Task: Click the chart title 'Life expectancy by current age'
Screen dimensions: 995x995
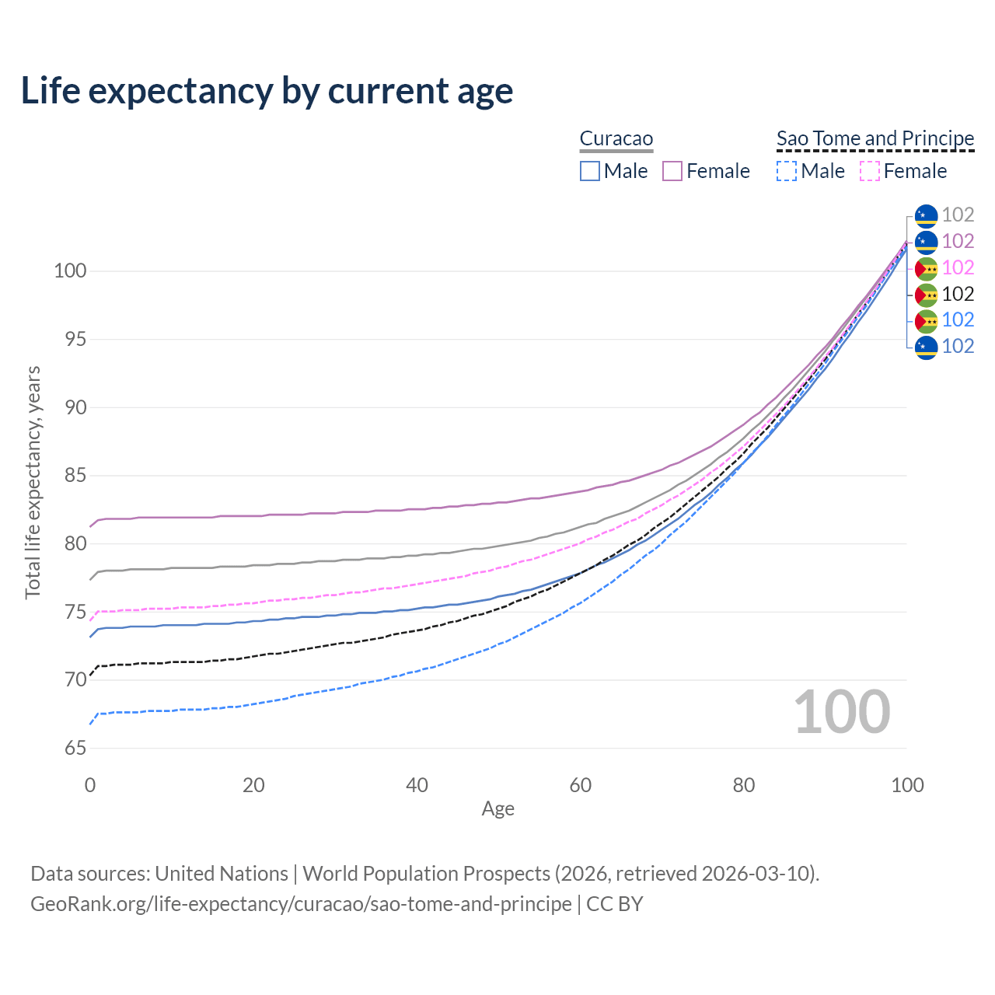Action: (267, 90)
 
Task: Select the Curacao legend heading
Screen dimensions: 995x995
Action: (616, 138)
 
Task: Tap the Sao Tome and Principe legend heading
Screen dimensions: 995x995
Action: (875, 138)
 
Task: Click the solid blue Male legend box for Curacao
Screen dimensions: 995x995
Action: (590, 171)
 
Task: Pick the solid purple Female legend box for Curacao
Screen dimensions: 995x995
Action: (672, 171)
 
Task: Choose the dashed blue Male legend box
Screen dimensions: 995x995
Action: (787, 171)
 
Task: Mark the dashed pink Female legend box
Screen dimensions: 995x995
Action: (869, 171)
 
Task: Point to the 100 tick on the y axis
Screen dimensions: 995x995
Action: (69, 271)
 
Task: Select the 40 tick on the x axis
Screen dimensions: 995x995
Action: (417, 785)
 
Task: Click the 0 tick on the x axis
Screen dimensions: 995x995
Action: (90, 785)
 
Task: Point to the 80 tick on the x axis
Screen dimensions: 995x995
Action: (744, 785)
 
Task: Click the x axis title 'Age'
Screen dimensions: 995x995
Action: (497, 809)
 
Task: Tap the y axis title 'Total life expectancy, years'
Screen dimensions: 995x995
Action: (33, 482)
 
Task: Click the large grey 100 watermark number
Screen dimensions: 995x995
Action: (842, 712)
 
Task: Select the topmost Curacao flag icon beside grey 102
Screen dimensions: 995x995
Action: (926, 215)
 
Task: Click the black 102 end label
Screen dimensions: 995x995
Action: (958, 294)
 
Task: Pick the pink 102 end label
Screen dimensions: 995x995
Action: (958, 267)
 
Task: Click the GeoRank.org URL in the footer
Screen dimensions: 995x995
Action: (301, 904)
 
